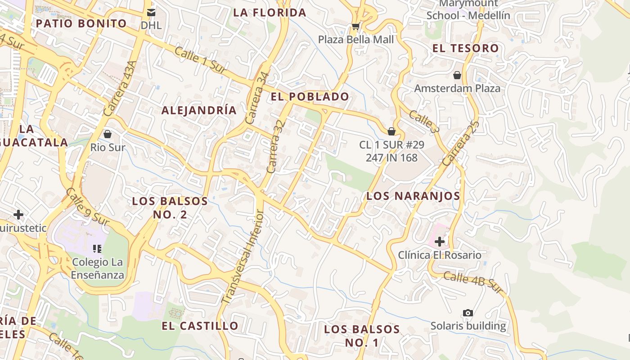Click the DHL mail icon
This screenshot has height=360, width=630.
tap(151, 12)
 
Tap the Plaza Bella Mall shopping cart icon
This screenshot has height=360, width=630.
tap(355, 27)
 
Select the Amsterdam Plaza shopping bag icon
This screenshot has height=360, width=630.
tap(457, 75)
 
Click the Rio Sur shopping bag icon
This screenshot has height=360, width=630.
tap(108, 134)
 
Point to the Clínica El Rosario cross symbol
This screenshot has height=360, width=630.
tap(440, 242)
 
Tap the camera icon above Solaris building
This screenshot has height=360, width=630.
tap(468, 313)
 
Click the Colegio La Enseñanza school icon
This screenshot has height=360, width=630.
tap(97, 248)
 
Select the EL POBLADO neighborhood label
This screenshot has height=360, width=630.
tap(310, 96)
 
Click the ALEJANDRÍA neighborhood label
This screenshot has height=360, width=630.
tap(199, 110)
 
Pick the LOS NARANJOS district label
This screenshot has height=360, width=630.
tap(413, 196)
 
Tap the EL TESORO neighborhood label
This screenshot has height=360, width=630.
tap(466, 48)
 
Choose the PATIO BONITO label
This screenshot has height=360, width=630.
tap(81, 23)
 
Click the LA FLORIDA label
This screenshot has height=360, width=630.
tap(270, 13)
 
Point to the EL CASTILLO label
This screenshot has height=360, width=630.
tap(200, 326)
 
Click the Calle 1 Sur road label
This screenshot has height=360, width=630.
tap(200, 60)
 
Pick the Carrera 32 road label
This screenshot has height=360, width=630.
tap(276, 146)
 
